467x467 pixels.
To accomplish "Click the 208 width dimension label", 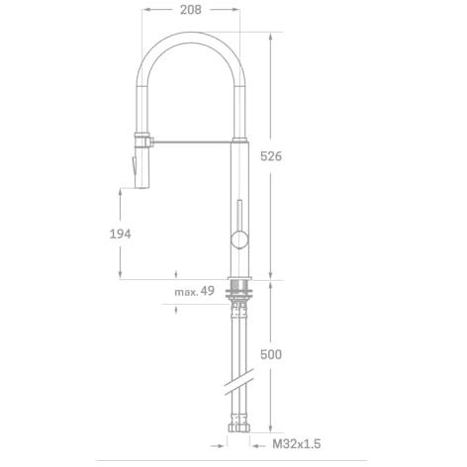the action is (191, 10).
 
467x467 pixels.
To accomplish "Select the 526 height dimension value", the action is (271, 156).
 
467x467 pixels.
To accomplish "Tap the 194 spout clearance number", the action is (121, 233).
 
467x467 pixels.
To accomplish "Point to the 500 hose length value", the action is (271, 354).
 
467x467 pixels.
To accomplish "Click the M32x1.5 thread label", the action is (296, 444).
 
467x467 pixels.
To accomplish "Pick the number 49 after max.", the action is (208, 291).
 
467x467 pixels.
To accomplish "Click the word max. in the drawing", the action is (186, 292).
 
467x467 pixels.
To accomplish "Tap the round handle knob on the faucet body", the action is (239, 239).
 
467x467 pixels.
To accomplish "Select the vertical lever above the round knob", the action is (239, 216).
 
